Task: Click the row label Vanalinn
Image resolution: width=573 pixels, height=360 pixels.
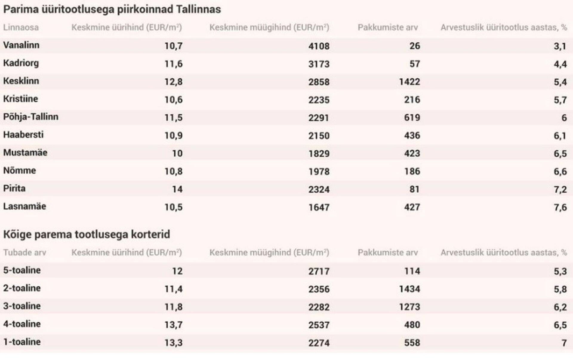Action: pyautogui.click(x=21, y=45)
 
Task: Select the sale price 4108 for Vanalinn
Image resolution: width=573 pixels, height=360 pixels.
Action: pyautogui.click(x=319, y=46)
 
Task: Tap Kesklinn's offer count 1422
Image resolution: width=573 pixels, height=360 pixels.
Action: pyautogui.click(x=409, y=82)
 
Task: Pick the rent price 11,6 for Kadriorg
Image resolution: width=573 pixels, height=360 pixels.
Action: pyautogui.click(x=173, y=64)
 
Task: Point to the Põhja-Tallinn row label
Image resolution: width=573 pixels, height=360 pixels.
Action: pyautogui.click(x=31, y=117)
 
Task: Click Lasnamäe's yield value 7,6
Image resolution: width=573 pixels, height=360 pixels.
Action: pyautogui.click(x=560, y=207)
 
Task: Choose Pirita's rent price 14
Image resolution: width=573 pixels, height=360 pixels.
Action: pyautogui.click(x=177, y=189)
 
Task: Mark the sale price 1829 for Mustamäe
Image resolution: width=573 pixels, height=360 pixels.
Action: pyautogui.click(x=319, y=154)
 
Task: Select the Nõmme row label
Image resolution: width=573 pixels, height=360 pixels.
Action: pyautogui.click(x=19, y=171)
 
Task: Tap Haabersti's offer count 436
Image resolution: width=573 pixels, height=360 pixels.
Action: pyautogui.click(x=412, y=136)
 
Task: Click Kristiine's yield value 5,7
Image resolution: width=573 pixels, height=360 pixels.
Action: pyautogui.click(x=560, y=100)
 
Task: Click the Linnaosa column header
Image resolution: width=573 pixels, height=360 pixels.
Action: pyautogui.click(x=21, y=27)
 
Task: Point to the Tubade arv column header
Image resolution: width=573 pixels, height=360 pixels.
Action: pyautogui.click(x=25, y=253)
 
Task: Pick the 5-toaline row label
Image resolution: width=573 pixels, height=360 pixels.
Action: pyautogui.click(x=22, y=270)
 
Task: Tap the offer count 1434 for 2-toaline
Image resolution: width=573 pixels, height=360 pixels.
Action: pyautogui.click(x=409, y=289)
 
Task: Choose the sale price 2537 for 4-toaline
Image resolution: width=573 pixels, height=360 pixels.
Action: pyautogui.click(x=319, y=325)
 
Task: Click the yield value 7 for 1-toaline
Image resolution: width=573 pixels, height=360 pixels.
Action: pyautogui.click(x=564, y=343)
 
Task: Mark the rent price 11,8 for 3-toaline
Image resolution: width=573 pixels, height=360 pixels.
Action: pyautogui.click(x=173, y=307)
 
